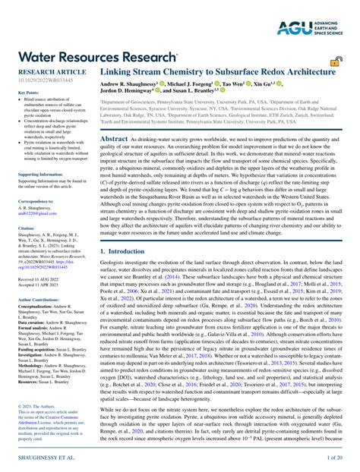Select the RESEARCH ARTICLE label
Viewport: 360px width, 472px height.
[36, 71]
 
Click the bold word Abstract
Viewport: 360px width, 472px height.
[115, 139]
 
